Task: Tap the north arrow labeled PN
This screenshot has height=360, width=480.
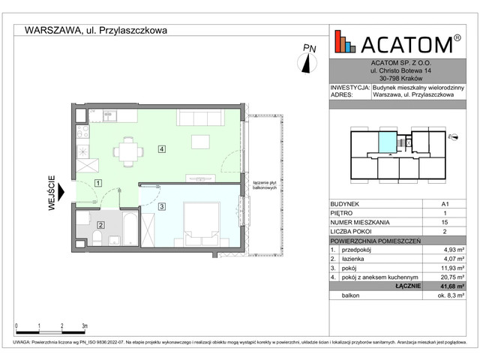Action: pyautogui.click(x=307, y=61)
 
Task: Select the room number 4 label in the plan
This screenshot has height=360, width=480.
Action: pyautogui.click(x=162, y=149)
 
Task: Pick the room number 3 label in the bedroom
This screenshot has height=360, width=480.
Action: pyautogui.click(x=161, y=206)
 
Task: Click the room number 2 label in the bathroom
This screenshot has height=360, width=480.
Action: pyautogui.click(x=100, y=223)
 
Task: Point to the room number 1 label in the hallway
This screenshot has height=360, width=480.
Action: pyautogui.click(x=98, y=183)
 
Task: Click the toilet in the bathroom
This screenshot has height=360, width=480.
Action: pyautogui.click(x=97, y=239)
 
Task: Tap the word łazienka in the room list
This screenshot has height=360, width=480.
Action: pyautogui.click(x=357, y=256)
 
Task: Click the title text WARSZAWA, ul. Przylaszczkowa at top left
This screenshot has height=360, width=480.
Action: pyautogui.click(x=96, y=31)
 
